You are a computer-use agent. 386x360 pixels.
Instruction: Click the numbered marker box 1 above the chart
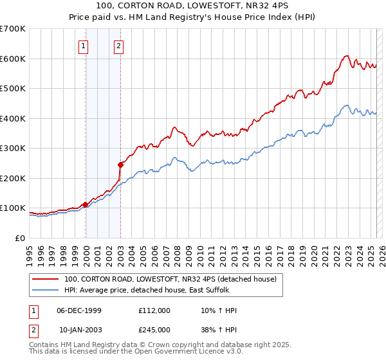(x=85, y=46)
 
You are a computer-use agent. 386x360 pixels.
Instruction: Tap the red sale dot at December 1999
(x=85, y=204)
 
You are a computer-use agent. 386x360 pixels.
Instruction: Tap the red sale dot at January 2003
(x=120, y=165)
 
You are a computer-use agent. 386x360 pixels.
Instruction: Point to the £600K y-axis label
(x=13, y=59)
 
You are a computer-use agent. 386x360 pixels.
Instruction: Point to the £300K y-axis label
(x=13, y=148)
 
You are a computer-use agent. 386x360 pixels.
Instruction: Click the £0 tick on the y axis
(x=21, y=238)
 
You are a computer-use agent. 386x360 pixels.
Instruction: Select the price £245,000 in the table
(x=154, y=330)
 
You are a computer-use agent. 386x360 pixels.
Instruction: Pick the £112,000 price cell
(x=154, y=310)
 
